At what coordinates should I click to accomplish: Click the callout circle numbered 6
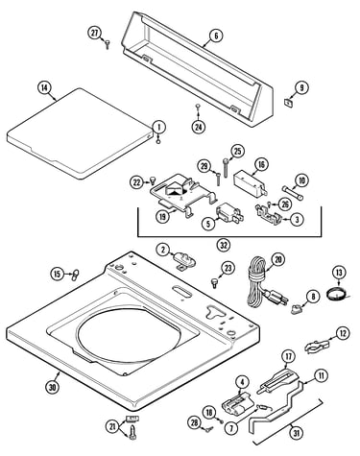pyautogui.click(x=216, y=36)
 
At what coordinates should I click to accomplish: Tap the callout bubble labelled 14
pyautogui.click(x=44, y=88)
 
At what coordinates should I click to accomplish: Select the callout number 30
pyautogui.click(x=53, y=388)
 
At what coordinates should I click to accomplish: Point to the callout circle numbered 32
pyautogui.click(x=224, y=246)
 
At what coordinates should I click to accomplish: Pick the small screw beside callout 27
pyautogui.click(x=108, y=44)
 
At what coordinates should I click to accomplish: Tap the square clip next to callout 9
pyautogui.click(x=288, y=103)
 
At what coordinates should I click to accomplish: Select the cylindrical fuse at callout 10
pyautogui.click(x=292, y=193)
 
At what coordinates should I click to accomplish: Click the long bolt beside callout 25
pyautogui.click(x=227, y=168)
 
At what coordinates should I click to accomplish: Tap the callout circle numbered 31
pyautogui.click(x=297, y=433)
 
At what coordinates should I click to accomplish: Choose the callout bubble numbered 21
pyautogui.click(x=112, y=426)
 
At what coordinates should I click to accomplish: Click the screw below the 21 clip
pyautogui.click(x=132, y=433)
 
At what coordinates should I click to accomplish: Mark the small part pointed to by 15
pyautogui.click(x=75, y=275)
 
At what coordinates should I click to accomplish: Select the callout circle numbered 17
pyautogui.click(x=288, y=356)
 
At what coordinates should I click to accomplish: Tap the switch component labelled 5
pyautogui.click(x=229, y=213)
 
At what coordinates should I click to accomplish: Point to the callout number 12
pyautogui.click(x=343, y=333)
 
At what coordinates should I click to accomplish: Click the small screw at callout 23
pyautogui.click(x=214, y=282)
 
